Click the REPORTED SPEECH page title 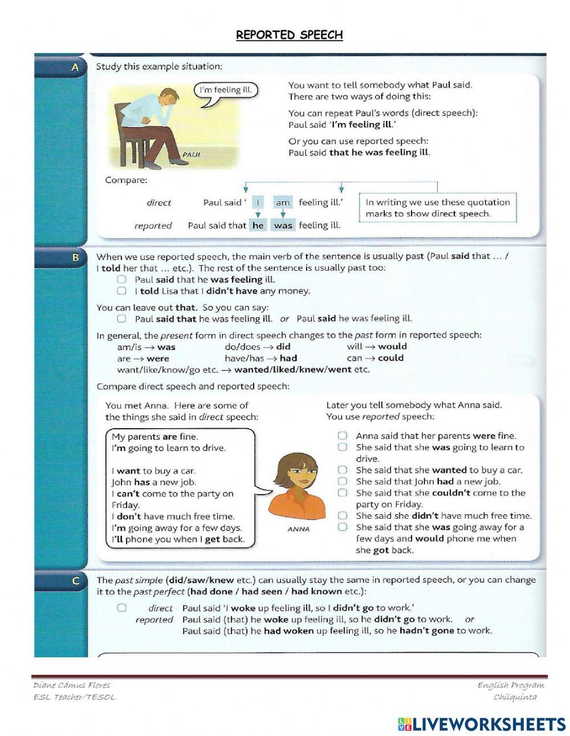[290, 35]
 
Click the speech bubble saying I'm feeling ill [225, 90]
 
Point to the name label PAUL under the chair [192, 154]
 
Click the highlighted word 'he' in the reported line [258, 225]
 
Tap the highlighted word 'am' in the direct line [283, 202]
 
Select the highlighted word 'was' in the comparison [283, 225]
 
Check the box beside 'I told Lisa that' [121, 291]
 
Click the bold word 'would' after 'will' [393, 347]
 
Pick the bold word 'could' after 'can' [391, 358]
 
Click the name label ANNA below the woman [299, 529]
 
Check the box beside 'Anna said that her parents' [342, 436]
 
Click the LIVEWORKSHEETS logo [482, 724]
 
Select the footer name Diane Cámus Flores [72, 685]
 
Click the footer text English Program [511, 685]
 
